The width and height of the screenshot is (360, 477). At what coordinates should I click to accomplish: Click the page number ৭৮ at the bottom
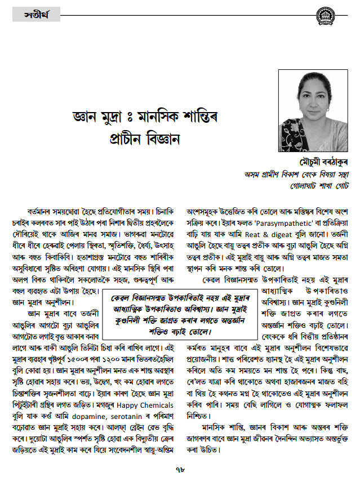tap(180, 469)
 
